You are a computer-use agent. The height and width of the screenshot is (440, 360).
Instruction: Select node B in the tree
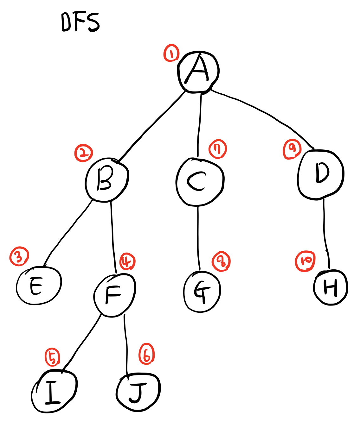pos(107,179)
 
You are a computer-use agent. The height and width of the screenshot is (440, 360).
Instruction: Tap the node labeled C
pos(200,182)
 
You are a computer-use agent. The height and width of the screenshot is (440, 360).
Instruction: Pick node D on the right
pos(321,175)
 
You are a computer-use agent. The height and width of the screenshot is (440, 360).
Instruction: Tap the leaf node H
pos(331,287)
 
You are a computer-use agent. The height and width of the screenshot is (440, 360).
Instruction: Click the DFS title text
pos(80,22)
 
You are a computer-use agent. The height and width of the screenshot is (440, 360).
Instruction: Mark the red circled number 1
pos(171,53)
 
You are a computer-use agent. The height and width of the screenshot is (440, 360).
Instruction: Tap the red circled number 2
pos(83,153)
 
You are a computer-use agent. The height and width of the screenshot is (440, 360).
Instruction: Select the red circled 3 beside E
pos(19,256)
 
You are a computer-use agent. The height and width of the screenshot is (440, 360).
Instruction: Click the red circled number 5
pos(53,357)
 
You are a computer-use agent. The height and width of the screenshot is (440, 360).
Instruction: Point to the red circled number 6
pos(146,354)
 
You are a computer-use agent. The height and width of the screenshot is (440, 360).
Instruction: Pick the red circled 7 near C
pos(218,149)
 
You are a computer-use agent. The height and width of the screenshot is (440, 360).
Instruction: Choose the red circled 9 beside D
pos(292,149)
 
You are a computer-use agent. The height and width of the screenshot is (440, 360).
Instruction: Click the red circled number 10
pos(305,261)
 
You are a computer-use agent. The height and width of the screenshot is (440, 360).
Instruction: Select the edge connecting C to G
pos(198,237)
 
